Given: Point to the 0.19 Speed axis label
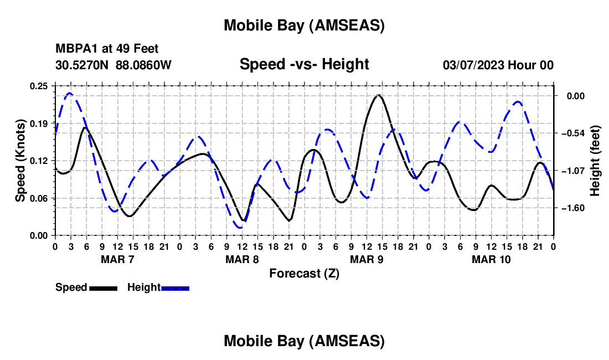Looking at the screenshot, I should coord(39,123).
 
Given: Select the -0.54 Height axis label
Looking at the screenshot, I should coord(572,133).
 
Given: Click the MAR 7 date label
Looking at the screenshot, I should coord(117,259).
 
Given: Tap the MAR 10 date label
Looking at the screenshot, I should coord(491,259).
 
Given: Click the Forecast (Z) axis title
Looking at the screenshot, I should coord(304,273).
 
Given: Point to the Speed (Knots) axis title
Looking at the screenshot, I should coord(20,161).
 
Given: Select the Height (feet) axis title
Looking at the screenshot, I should coord(595,161).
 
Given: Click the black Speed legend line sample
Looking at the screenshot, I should coord(103,288).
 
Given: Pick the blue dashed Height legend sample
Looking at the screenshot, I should coord(176,288).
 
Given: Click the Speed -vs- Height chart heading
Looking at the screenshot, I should coord(304,64).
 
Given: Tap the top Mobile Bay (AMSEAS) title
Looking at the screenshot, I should coord(304,25).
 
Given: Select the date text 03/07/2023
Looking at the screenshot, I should coord(472,65).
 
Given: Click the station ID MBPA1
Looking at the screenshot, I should coord(74,49).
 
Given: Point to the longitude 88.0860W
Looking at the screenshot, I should coord(143,65).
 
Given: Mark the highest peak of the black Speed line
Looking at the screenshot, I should coord(378,95).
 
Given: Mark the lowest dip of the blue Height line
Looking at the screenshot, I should coord(240,227).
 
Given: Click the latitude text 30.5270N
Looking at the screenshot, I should coord(82,65).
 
